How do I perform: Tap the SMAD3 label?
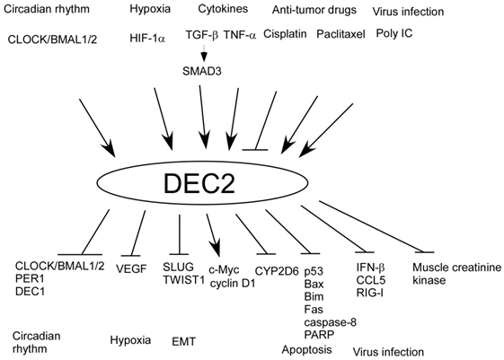201,70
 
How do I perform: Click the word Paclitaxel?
340,40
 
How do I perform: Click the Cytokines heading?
219,11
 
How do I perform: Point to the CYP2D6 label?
269,268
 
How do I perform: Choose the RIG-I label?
369,292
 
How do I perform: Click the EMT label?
182,340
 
